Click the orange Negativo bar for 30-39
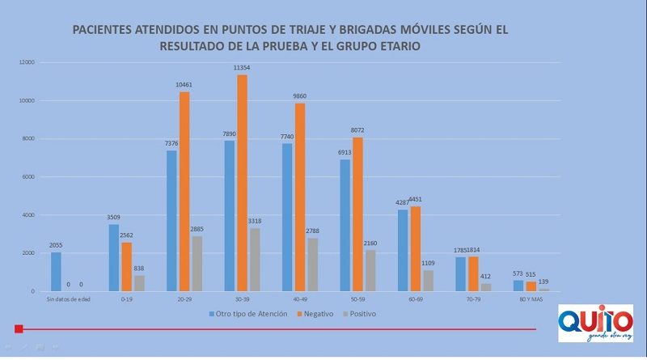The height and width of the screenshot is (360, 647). click(x=242, y=183)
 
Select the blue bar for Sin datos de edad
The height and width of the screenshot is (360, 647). click(x=56, y=272)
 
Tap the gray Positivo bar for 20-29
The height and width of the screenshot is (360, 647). click(x=197, y=264)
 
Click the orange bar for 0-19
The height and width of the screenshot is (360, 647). click(x=125, y=267)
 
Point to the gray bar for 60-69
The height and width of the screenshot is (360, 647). click(x=428, y=281)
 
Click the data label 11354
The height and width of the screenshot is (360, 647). click(x=243, y=70)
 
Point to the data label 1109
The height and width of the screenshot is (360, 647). click(x=429, y=264)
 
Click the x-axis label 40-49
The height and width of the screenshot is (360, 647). click(x=300, y=301)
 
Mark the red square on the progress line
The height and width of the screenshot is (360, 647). click(x=19, y=329)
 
